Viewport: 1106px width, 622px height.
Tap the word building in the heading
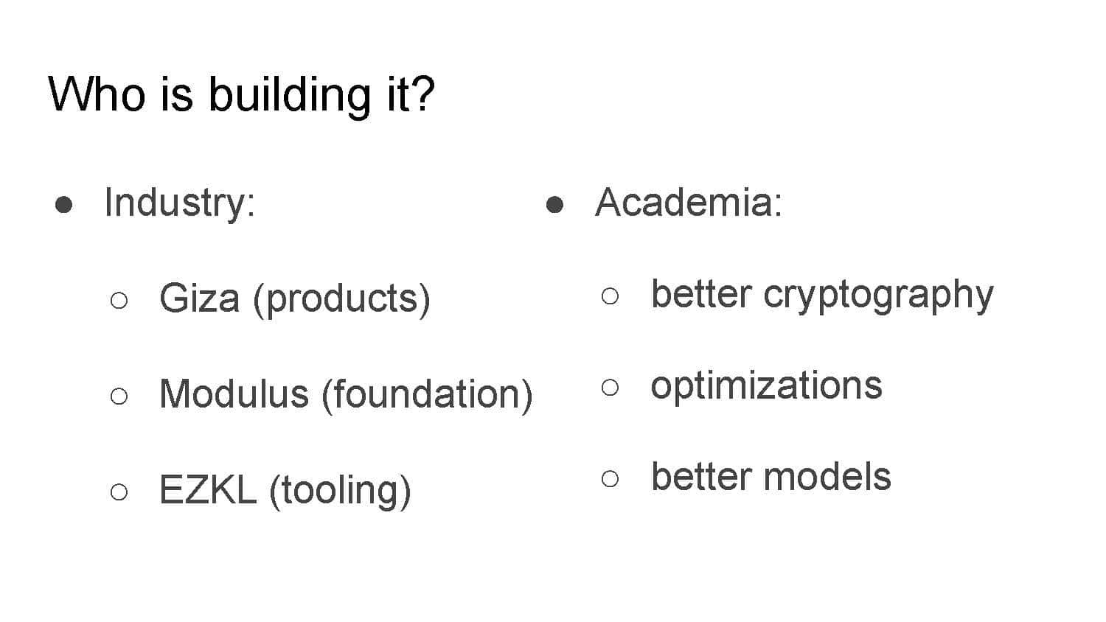coord(289,97)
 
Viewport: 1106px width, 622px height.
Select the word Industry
coord(180,203)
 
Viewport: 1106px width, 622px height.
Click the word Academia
coord(689,202)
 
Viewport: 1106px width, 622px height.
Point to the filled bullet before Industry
coord(63,204)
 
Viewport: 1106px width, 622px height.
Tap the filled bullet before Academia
coord(555,204)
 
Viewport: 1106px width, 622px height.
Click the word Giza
coord(200,298)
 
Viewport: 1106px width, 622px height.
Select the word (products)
coord(341,300)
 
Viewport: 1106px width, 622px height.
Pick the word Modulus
coord(234,394)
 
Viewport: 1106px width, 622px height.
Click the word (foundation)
coord(428,395)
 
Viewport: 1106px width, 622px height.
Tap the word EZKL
coord(209,489)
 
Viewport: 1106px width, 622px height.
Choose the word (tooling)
coord(340,491)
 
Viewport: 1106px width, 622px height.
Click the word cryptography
coord(878,296)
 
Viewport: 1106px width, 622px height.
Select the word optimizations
coord(766,386)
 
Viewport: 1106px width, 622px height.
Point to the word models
coord(827,477)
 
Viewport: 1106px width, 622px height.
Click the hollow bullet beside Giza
coord(119,300)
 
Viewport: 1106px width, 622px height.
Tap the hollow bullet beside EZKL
coord(119,492)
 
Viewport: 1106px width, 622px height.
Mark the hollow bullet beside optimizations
coord(611,388)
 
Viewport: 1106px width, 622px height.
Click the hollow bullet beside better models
coord(611,479)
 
